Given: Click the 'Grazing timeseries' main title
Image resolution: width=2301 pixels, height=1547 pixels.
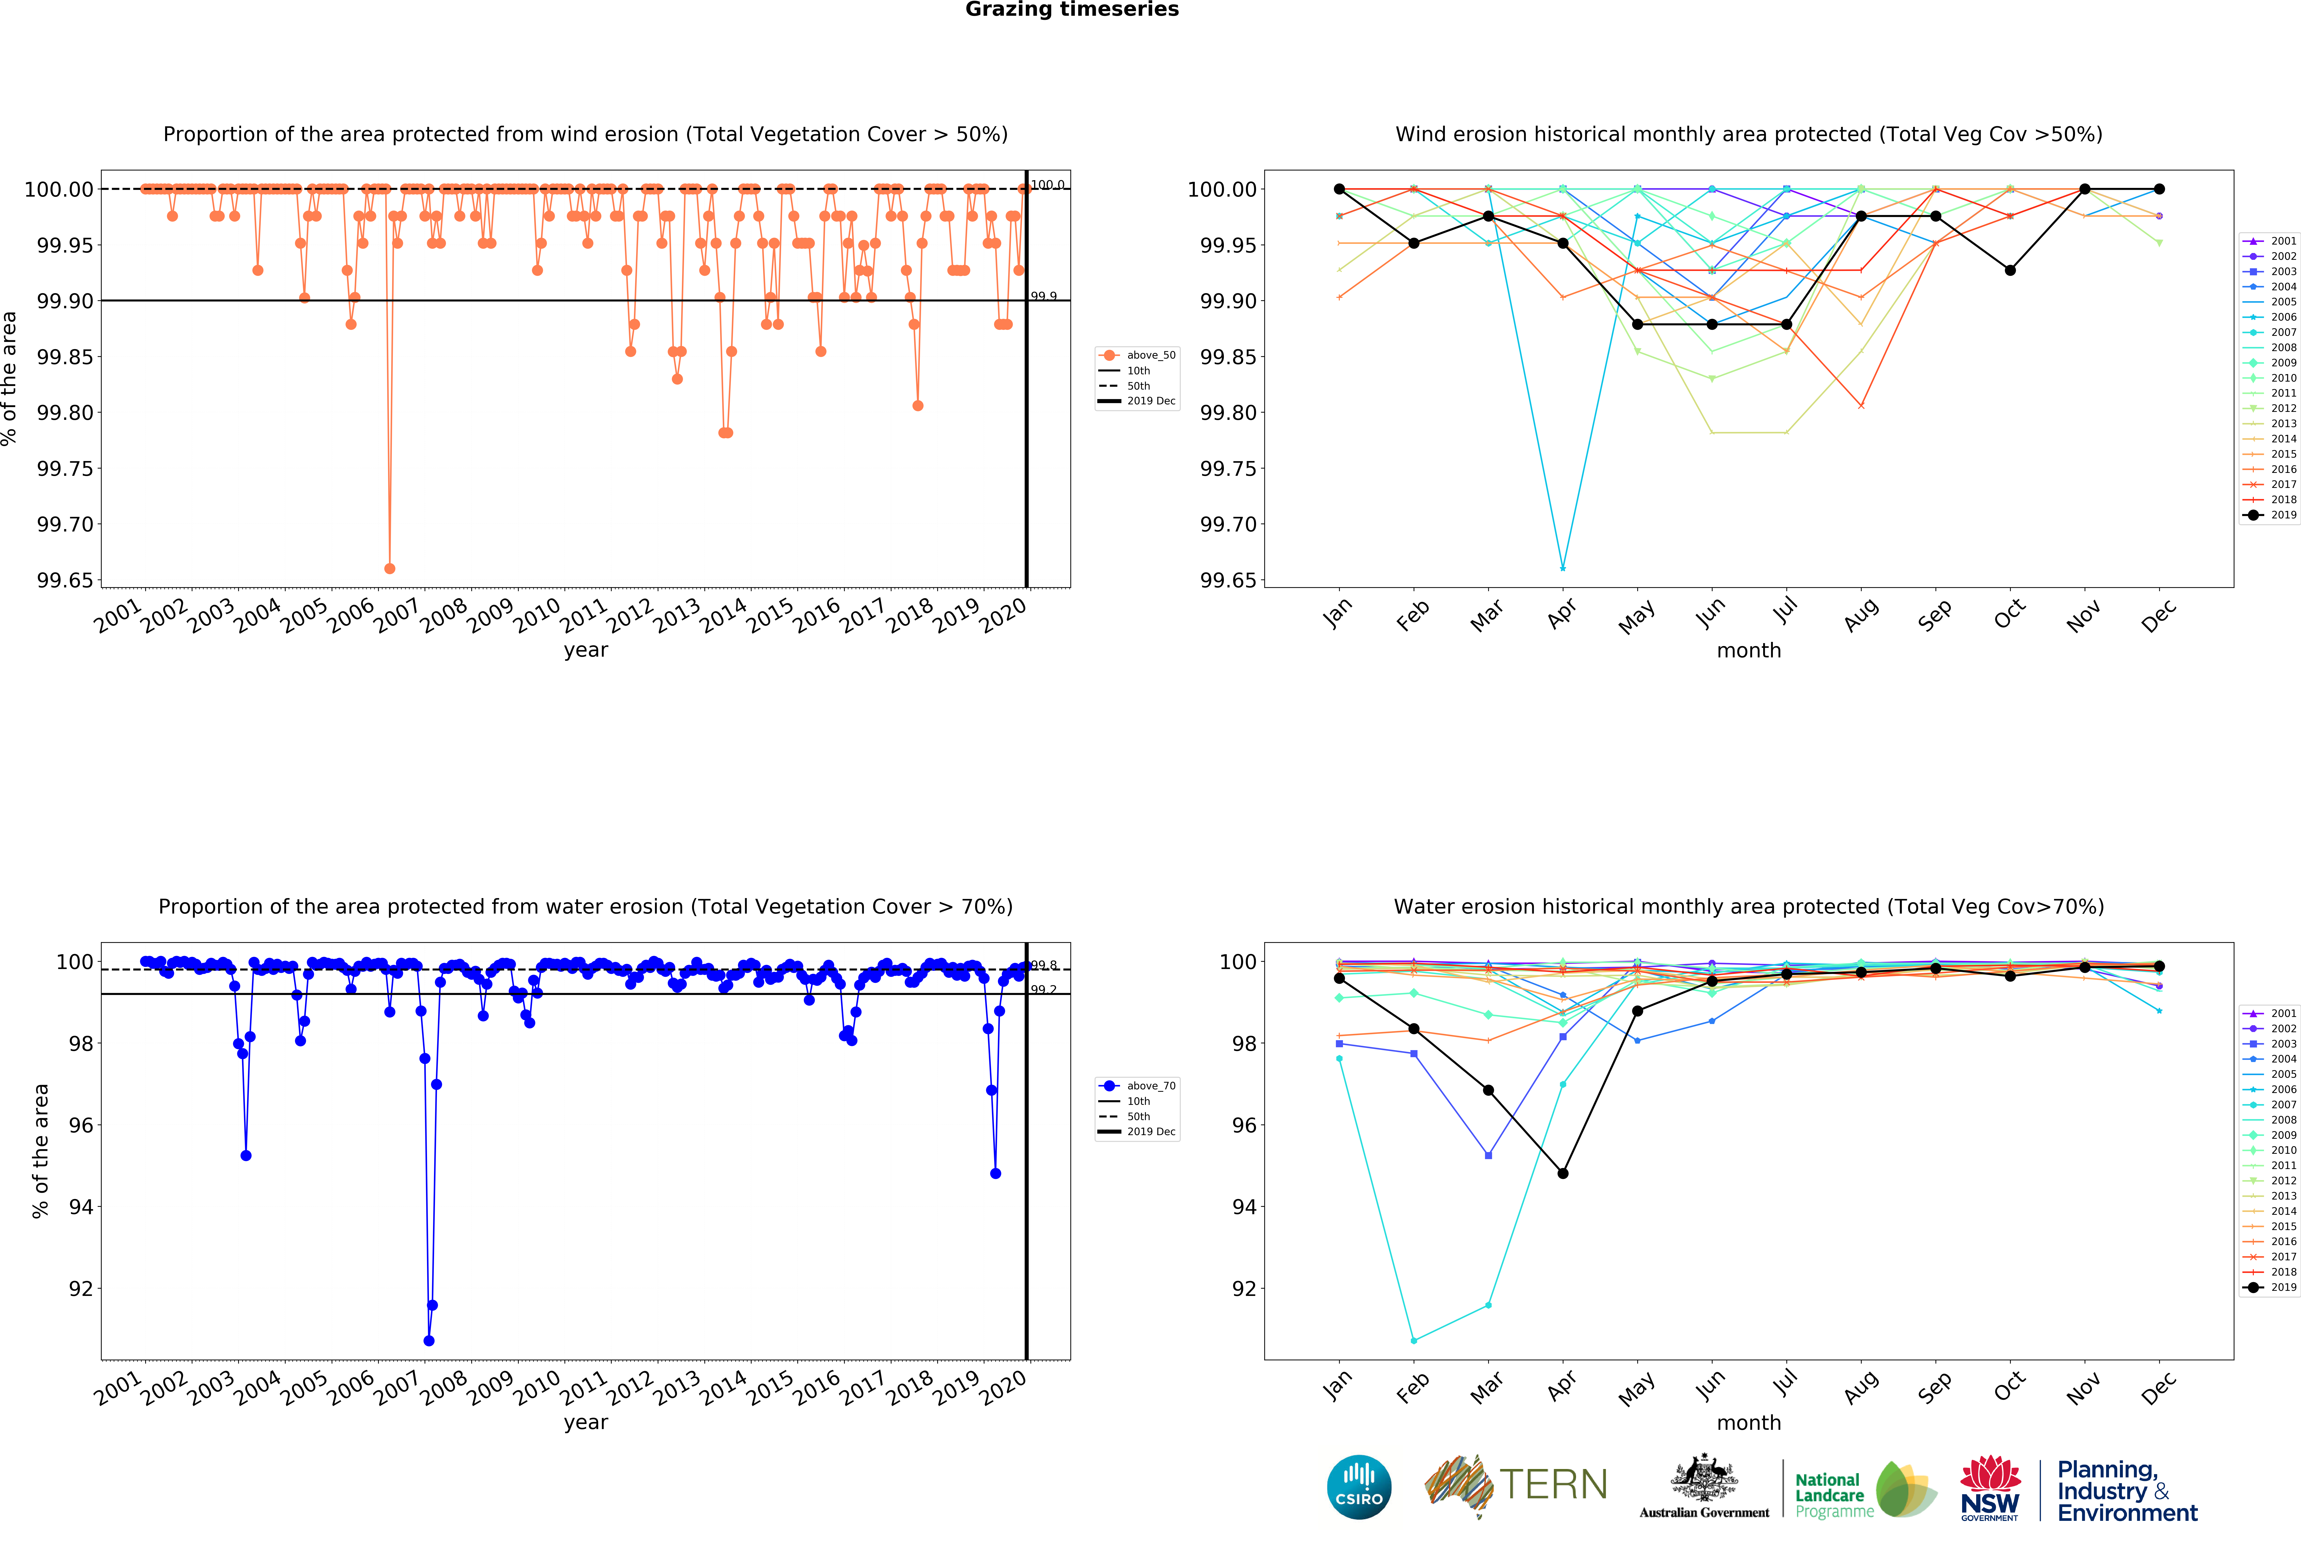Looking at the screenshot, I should (x=1071, y=10).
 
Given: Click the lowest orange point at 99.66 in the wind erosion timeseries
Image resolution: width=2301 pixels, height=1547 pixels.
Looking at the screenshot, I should (x=389, y=568).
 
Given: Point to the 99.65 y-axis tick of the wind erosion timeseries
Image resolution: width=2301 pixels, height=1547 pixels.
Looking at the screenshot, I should (x=65, y=580).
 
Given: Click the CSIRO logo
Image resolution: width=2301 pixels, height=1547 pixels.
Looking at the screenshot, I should (x=1359, y=1487).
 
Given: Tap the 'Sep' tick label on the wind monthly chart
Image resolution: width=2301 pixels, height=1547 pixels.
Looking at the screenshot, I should (x=1934, y=616).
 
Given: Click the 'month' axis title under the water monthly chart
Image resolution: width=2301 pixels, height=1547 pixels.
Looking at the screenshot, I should (x=1749, y=1423).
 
